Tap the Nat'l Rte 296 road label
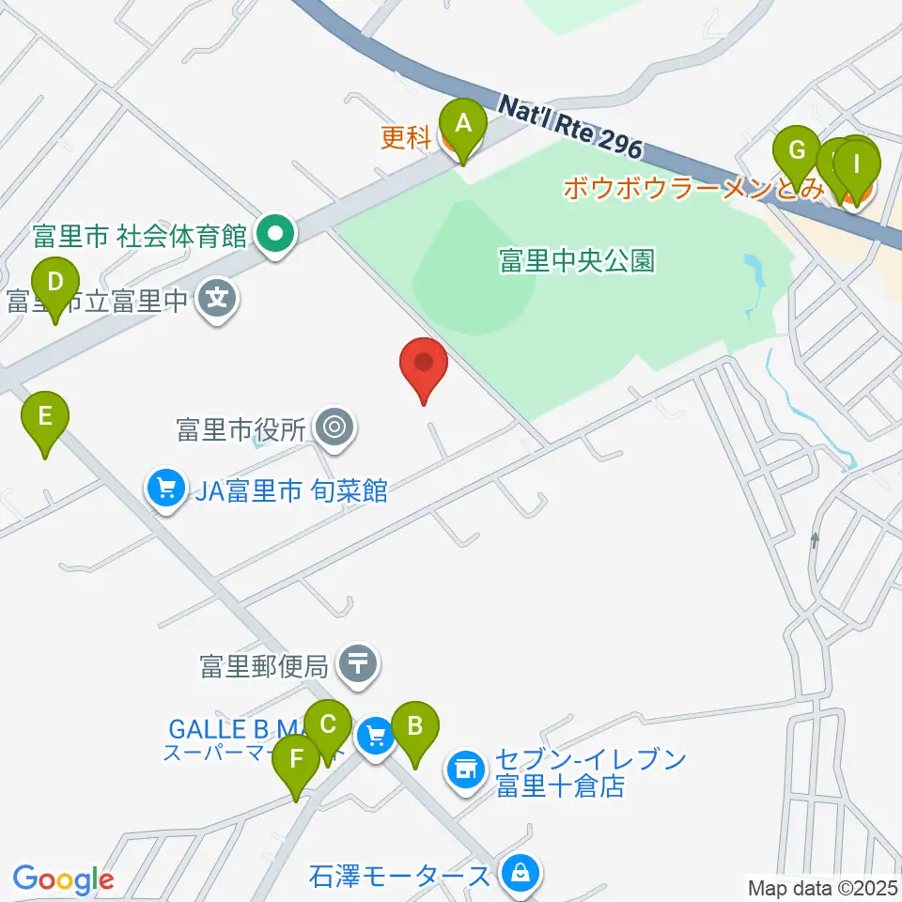point(570,125)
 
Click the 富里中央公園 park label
point(577,260)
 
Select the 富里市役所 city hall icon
point(333,429)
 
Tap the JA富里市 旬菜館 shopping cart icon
point(166,490)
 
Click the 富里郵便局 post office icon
point(359,665)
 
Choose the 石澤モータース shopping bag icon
point(518,875)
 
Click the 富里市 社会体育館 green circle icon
point(276,233)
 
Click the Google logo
point(63,879)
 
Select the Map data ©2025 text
point(823,887)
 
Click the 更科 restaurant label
point(406,138)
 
